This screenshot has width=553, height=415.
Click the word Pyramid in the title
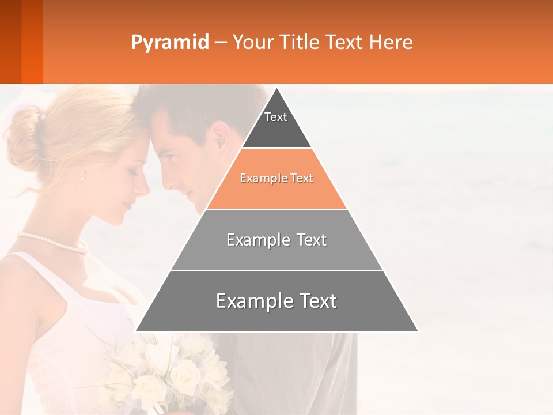(x=169, y=43)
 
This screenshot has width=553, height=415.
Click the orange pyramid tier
(x=276, y=179)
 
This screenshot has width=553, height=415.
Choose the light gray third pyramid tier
(x=276, y=240)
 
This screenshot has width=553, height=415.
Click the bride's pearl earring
(x=82, y=177)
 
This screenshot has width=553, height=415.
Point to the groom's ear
(x=220, y=138)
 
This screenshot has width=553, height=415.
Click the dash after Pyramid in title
(x=221, y=43)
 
